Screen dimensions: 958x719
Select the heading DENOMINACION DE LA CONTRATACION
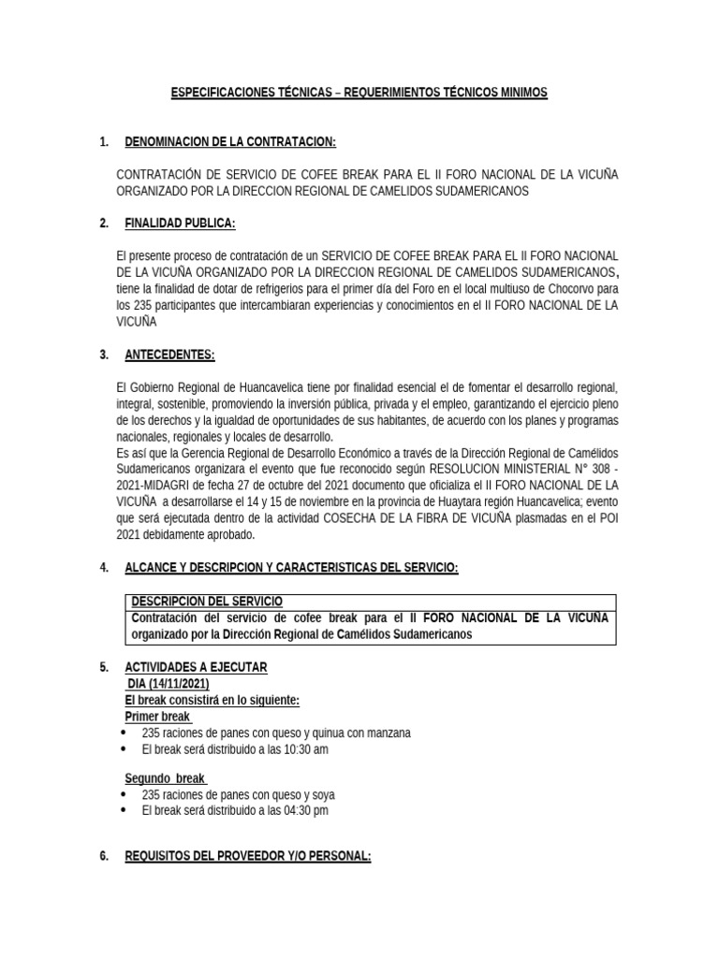[230, 141]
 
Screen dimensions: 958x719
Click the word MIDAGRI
[170, 485]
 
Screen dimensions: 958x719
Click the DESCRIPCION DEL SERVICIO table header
[206, 601]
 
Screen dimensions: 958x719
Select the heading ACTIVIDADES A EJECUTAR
[196, 666]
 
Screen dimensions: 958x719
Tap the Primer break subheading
[157, 717]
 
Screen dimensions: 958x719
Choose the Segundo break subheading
[165, 778]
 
